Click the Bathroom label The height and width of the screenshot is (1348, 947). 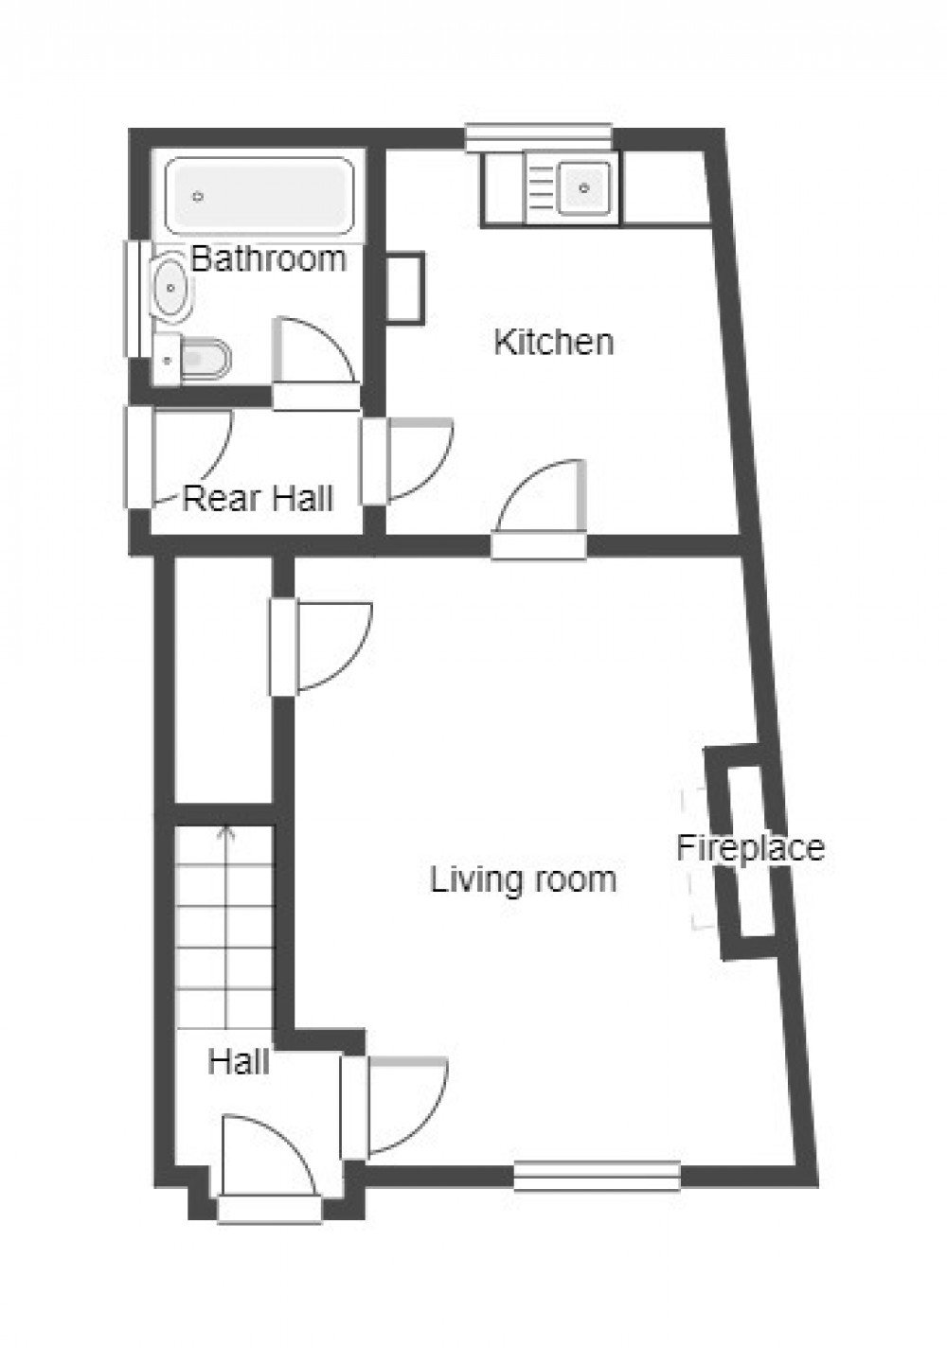coord(268,258)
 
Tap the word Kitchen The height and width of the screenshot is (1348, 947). coord(554,342)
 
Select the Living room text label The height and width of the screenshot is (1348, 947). coord(524,879)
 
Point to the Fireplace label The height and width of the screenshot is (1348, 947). coord(750,847)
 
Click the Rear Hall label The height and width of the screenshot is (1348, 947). coord(258,498)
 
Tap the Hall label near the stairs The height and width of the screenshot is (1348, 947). coord(239,1061)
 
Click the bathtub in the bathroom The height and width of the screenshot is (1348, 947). coord(259,196)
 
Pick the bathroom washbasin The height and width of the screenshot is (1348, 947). coord(171,285)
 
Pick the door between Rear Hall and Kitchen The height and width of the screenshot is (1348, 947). coord(412,461)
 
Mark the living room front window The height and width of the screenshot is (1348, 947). coord(597,1176)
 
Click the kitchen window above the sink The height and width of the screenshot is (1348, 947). coord(538,138)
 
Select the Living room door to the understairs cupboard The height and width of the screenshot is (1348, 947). coord(327,644)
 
